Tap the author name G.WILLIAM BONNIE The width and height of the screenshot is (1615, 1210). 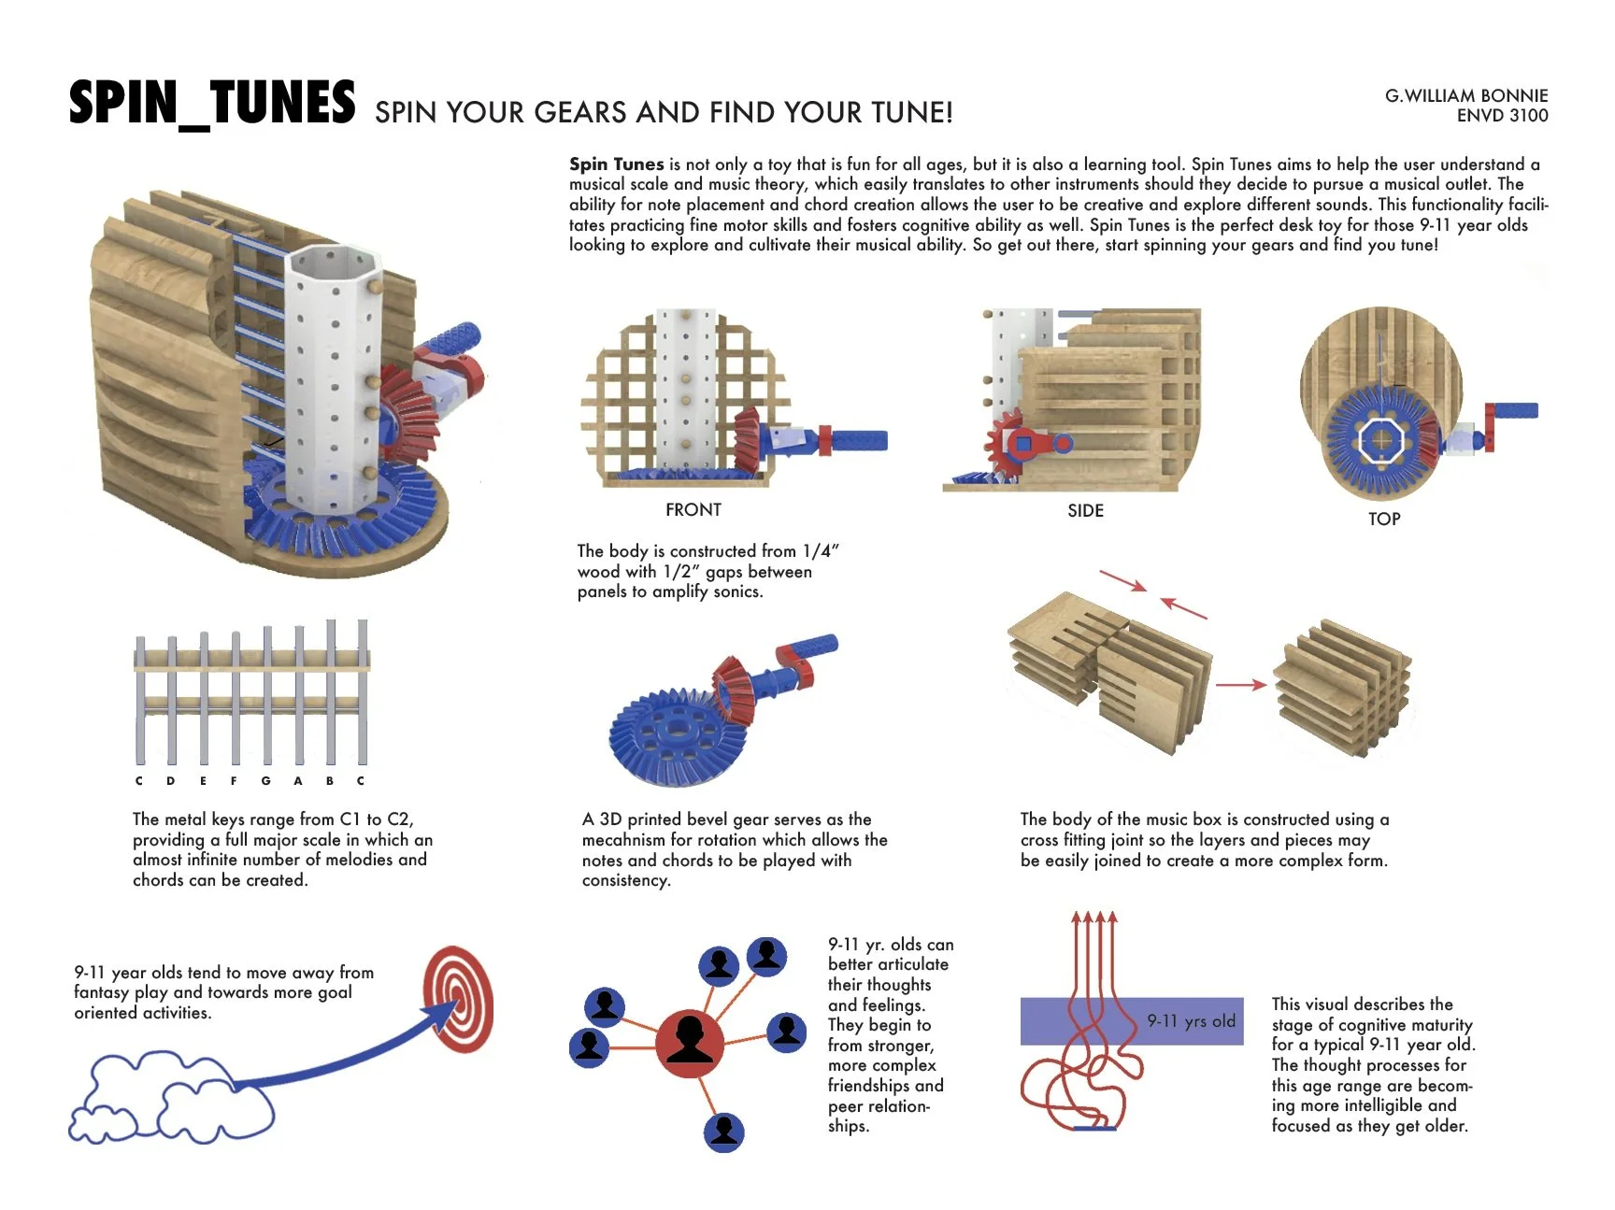(1465, 95)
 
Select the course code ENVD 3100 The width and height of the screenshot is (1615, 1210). (1502, 116)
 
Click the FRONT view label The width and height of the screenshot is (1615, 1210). (693, 509)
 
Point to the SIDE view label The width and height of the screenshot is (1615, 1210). (1085, 510)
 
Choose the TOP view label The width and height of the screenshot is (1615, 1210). (1384, 520)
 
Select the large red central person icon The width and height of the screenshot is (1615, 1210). (690, 1044)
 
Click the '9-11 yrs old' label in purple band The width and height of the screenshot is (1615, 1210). (1191, 1021)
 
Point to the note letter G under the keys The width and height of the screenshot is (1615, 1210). (266, 781)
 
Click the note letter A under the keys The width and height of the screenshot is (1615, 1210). (298, 781)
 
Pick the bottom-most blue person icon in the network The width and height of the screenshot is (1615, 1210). (724, 1132)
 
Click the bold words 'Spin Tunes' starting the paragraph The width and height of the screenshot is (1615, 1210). (616, 164)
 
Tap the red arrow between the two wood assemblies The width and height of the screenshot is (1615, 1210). (1240, 685)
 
